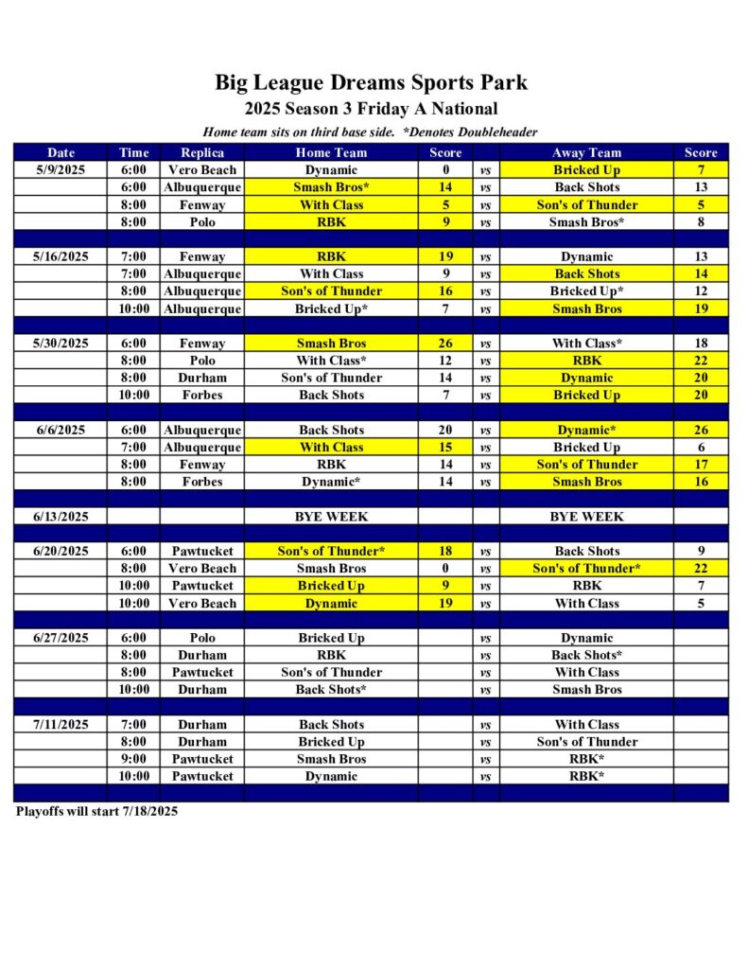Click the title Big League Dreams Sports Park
(371, 82)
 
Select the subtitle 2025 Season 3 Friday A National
(371, 109)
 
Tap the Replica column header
(202, 152)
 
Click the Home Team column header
(331, 152)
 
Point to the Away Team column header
(586, 152)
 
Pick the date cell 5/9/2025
(61, 170)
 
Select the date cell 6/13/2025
(61, 517)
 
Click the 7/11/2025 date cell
(61, 725)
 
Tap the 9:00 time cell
(133, 759)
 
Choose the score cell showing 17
(701, 465)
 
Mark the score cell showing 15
(445, 448)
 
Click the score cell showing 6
(701, 448)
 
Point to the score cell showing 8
(701, 222)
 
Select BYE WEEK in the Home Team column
(331, 517)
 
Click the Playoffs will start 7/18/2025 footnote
(96, 811)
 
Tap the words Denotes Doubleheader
(473, 132)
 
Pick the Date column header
(61, 152)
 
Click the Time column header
(133, 152)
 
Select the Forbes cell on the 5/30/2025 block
(202, 396)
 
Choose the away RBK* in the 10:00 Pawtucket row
(586, 776)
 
